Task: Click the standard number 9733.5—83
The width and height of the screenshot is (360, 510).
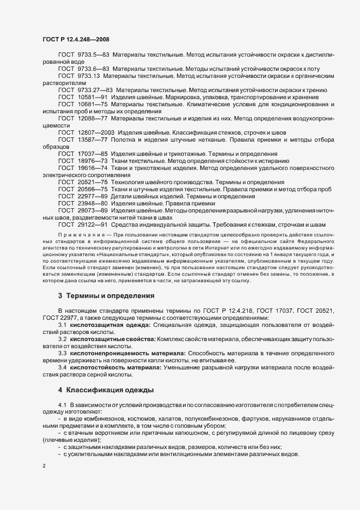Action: [x=94, y=56]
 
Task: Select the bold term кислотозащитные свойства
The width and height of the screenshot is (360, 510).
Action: [x=106, y=339]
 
